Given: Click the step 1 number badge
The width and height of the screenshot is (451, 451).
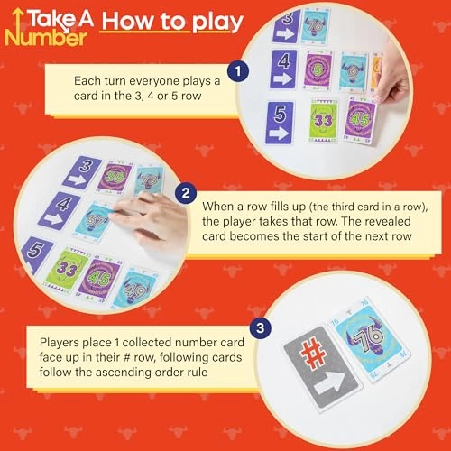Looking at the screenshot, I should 237,69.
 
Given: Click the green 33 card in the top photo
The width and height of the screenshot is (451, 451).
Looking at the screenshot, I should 327,118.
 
